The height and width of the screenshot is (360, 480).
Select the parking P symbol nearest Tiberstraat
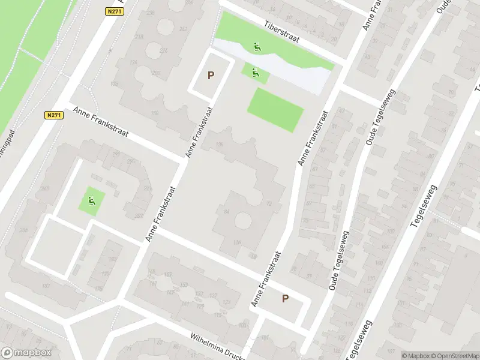pyautogui.click(x=211, y=76)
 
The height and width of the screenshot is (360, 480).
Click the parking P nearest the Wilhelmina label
pyautogui.click(x=285, y=299)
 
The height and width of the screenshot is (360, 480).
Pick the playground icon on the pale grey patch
pyautogui.click(x=257, y=47)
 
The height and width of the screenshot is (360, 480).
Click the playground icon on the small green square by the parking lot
pyautogui.click(x=255, y=73)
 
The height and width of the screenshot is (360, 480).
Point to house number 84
pyautogui.click(x=226, y=211)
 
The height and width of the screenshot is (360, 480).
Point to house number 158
pyautogui.click(x=155, y=113)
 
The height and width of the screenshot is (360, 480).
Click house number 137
pyautogui.click(x=46, y=286)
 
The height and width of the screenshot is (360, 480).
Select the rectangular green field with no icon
pyautogui.click(x=275, y=110)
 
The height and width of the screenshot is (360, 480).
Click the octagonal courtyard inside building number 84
pyautogui.click(x=242, y=220)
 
